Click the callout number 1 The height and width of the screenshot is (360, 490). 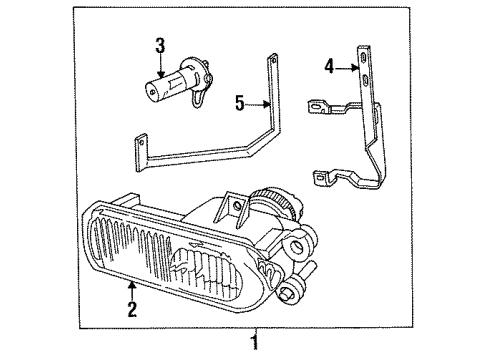(x=256, y=342)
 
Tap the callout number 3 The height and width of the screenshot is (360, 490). (x=160, y=45)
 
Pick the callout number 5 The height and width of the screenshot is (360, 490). (x=240, y=102)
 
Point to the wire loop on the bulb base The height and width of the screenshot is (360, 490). (x=199, y=94)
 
